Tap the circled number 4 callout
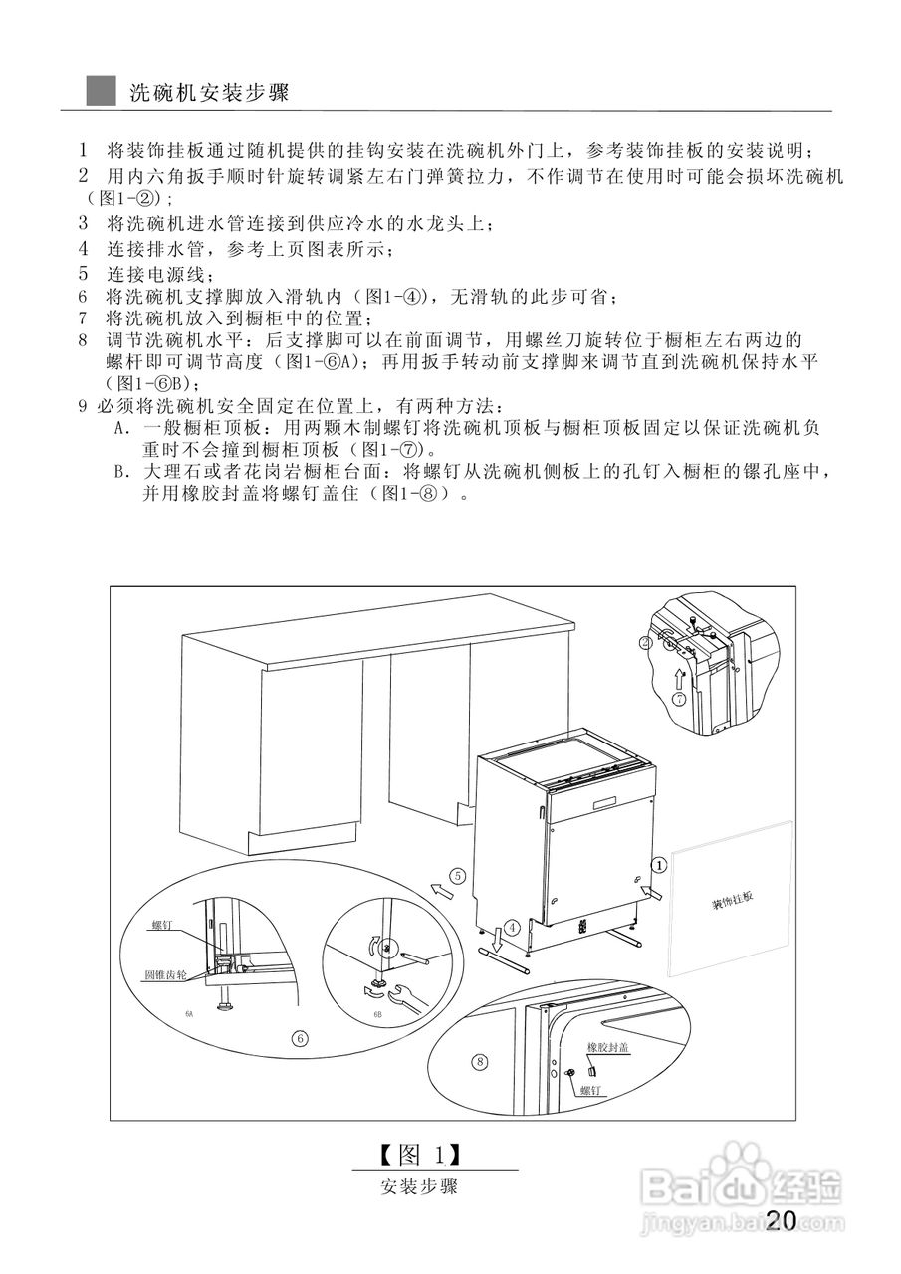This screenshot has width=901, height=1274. click(512, 926)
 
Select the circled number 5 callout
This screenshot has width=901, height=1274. click(457, 876)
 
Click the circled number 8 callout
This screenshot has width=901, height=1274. click(481, 1061)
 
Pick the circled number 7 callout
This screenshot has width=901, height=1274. click(679, 699)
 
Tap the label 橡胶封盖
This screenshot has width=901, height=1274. click(608, 1049)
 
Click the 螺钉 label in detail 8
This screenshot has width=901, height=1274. click(593, 1090)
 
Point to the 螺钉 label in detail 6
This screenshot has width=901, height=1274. click(162, 925)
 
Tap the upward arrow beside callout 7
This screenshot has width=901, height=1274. click(679, 677)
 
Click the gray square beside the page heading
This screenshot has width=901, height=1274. click(101, 92)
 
